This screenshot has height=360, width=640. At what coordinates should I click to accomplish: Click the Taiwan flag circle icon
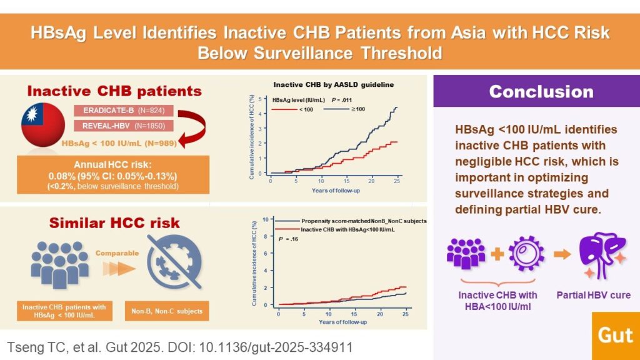pos(43,124)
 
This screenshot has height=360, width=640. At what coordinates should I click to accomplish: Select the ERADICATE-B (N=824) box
pos(124,111)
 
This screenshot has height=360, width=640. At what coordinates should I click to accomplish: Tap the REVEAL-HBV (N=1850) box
pos(124,126)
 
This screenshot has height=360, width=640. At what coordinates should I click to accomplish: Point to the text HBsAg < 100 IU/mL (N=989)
pos(119,143)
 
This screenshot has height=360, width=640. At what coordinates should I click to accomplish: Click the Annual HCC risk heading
pos(112,165)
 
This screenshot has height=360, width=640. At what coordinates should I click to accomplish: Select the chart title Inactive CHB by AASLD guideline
pos(334,85)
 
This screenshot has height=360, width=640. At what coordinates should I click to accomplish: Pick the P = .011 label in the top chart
pos(342,100)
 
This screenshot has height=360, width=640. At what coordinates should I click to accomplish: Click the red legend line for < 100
pos(284,109)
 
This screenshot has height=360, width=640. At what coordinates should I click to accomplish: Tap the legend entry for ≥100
pos(344,109)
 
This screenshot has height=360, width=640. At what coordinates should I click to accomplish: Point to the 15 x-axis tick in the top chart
pos(346,181)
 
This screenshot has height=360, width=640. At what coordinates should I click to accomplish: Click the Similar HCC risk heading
pos(114,223)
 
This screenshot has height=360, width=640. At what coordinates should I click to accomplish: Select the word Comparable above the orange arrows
pos(117,253)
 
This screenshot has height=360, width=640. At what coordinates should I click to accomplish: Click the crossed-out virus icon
pos(174,262)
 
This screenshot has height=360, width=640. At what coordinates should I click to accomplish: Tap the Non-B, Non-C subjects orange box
pos(166,311)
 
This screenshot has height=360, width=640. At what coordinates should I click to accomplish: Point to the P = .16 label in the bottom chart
pos(288,239)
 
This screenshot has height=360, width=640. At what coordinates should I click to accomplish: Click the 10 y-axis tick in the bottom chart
pos(265,219)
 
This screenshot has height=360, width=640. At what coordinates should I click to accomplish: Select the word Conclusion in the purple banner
pos(541,92)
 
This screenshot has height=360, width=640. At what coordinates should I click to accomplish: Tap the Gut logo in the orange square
pos(616,336)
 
